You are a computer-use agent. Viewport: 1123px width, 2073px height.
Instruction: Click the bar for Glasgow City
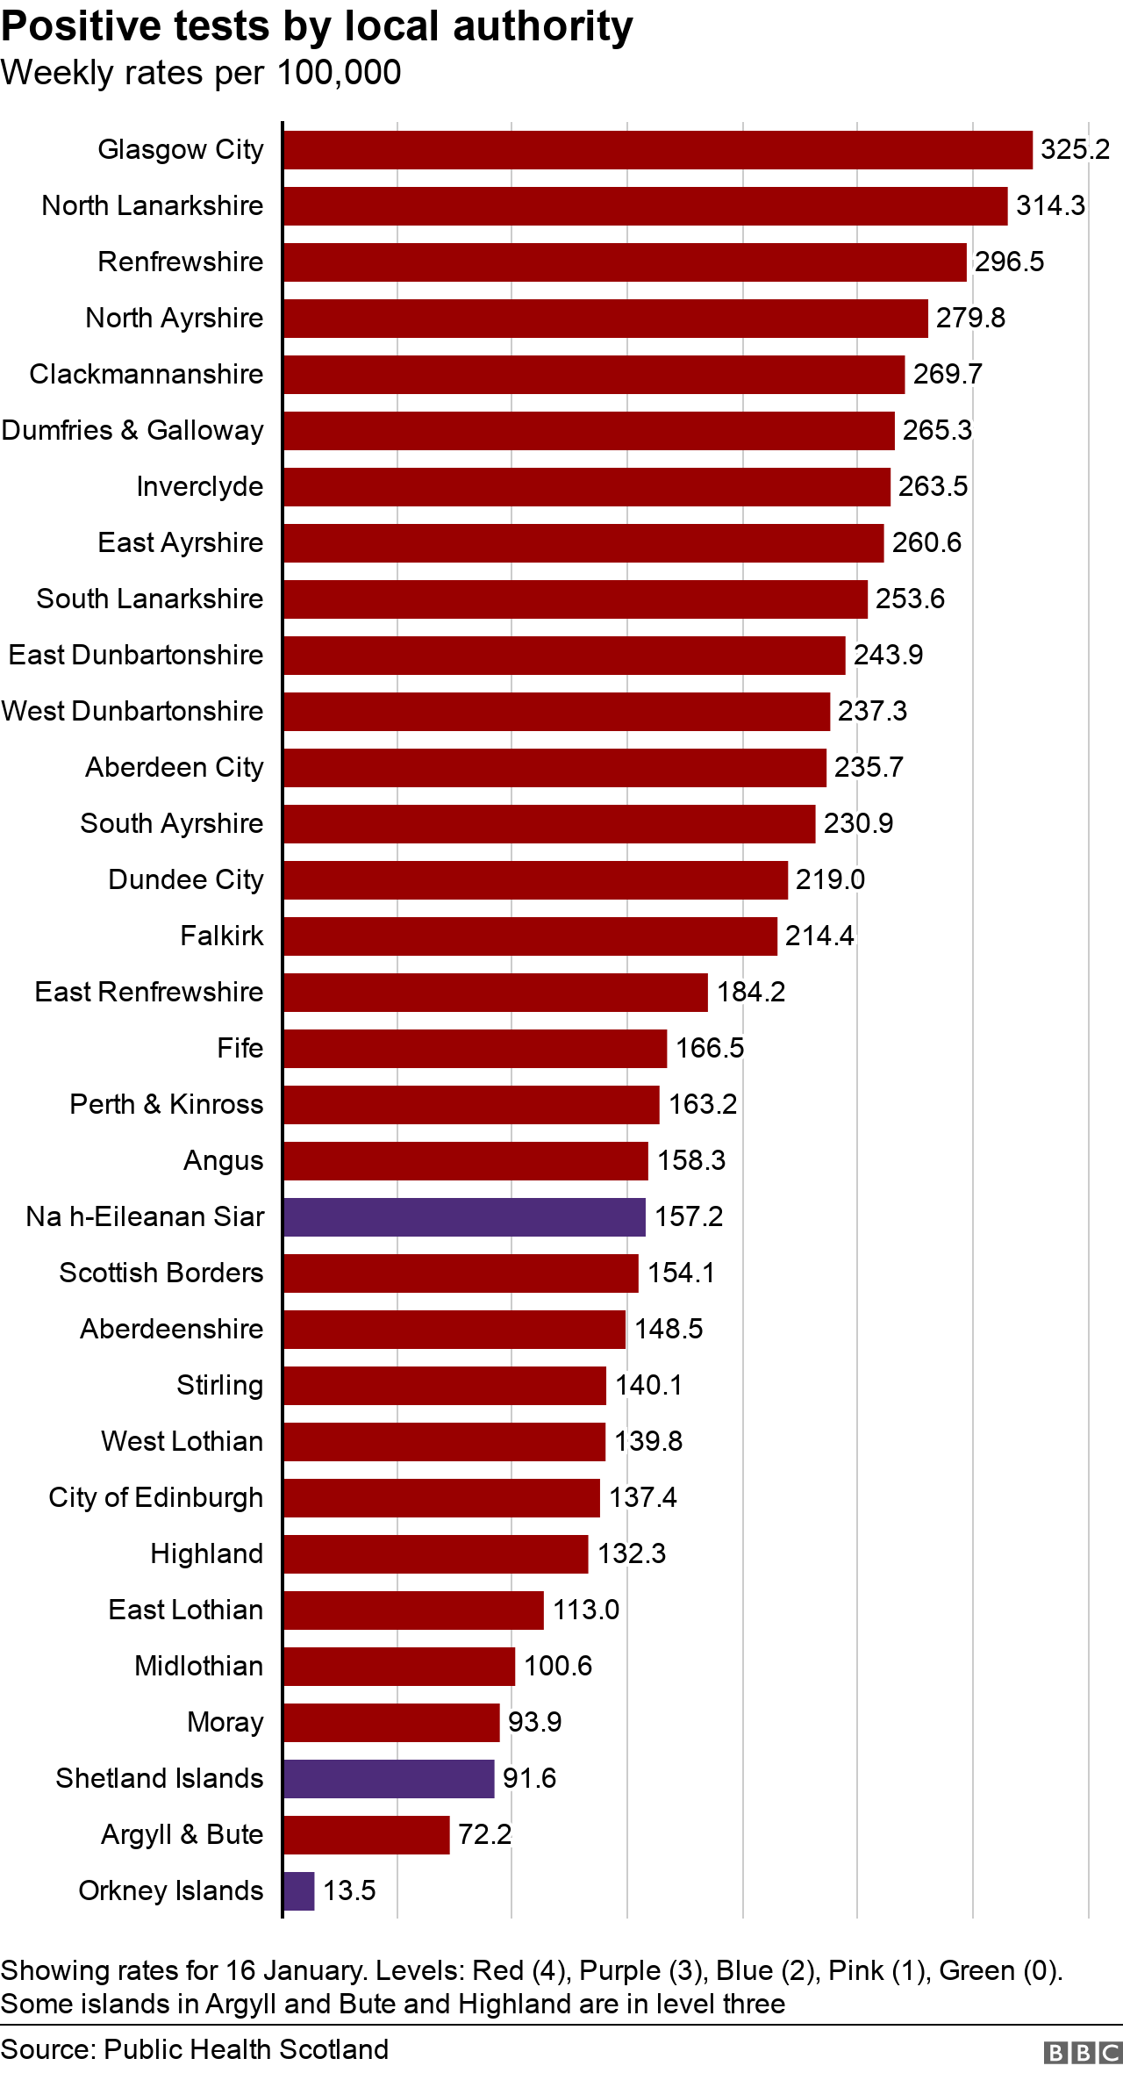pyautogui.click(x=657, y=150)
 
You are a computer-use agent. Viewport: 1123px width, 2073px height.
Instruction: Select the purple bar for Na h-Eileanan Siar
pyautogui.click(x=464, y=1217)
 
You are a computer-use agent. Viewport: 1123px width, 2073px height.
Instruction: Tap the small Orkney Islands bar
pyautogui.click(x=299, y=1891)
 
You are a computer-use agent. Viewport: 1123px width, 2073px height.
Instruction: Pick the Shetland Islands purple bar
pyautogui.click(x=389, y=1779)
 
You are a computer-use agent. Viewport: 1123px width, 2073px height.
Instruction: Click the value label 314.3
pyautogui.click(x=1050, y=206)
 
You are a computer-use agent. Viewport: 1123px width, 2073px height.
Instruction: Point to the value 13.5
pyautogui.click(x=349, y=1891)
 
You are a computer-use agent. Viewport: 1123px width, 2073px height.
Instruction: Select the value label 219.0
pyautogui.click(x=830, y=880)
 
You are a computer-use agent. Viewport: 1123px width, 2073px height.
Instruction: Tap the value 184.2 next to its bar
pyautogui.click(x=751, y=993)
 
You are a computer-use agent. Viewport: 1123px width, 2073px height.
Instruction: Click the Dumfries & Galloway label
pyautogui.click(x=132, y=431)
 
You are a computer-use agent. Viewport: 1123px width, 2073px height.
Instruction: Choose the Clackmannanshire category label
pyautogui.click(x=147, y=375)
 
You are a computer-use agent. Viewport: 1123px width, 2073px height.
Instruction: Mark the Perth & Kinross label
pyautogui.click(x=167, y=1105)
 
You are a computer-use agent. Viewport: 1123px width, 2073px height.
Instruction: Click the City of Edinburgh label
pyautogui.click(x=156, y=1498)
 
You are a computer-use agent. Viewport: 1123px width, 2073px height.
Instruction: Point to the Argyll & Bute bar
pyautogui.click(x=366, y=1835)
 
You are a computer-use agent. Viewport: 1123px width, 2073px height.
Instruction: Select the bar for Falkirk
pyautogui.click(x=530, y=936)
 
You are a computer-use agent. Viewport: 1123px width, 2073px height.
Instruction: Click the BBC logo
pyautogui.click(x=1083, y=2053)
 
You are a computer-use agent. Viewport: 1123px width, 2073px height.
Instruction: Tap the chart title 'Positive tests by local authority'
pyautogui.click(x=317, y=26)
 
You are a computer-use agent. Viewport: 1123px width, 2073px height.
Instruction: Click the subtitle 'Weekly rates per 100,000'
pyautogui.click(x=201, y=73)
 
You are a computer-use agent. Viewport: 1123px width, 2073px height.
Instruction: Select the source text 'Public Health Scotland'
pyautogui.click(x=247, y=2049)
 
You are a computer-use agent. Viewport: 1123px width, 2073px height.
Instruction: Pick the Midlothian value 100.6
pyautogui.click(x=558, y=1667)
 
